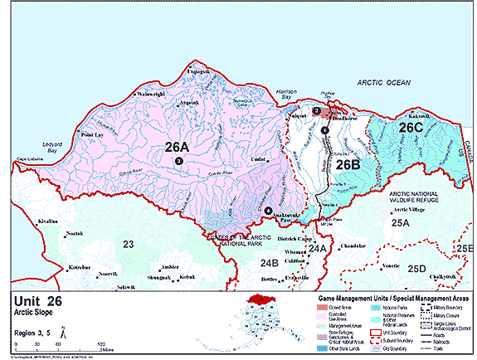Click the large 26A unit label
coord(176,148)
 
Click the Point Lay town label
coord(91,134)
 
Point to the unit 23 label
coord(129,244)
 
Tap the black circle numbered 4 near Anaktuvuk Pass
coord(268,211)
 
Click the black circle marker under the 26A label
coord(178,161)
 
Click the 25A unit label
coord(402,224)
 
